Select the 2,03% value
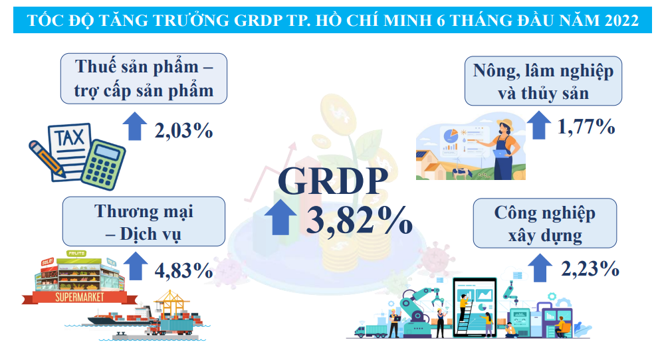[183, 130]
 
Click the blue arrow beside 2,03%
[135, 126]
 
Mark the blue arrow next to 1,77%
[538, 124]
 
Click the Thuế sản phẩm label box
[144, 78]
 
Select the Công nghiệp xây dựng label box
[544, 224]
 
